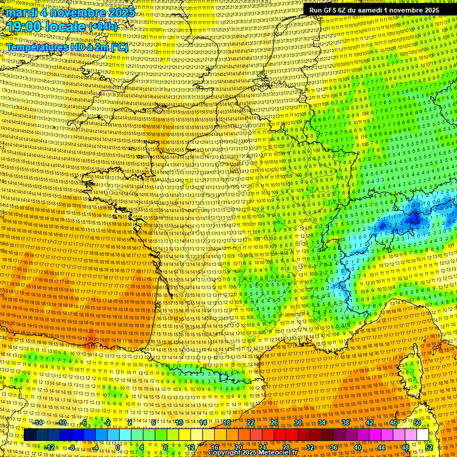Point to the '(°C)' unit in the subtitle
tap(119, 47)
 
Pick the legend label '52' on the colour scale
tap(429, 447)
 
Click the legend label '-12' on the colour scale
tap(50, 447)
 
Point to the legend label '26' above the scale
tap(274, 422)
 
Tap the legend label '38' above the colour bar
tap(346, 422)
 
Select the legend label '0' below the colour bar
tap(118, 447)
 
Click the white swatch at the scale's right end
tap(423, 435)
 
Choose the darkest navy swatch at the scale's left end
tap(30, 435)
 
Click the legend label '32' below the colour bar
tap(310, 447)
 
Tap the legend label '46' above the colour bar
tap(393, 422)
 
